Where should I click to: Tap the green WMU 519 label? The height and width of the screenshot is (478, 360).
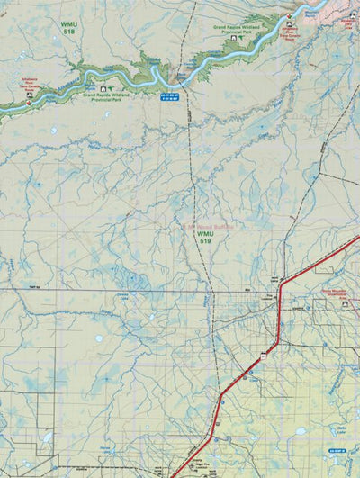click(205, 238)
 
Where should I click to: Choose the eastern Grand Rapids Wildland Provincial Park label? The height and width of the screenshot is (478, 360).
click(245, 29)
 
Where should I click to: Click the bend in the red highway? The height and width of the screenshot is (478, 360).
click(281, 286)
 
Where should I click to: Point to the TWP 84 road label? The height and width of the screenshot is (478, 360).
click(35, 286)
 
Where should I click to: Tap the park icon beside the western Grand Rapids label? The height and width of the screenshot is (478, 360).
click(103, 88)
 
